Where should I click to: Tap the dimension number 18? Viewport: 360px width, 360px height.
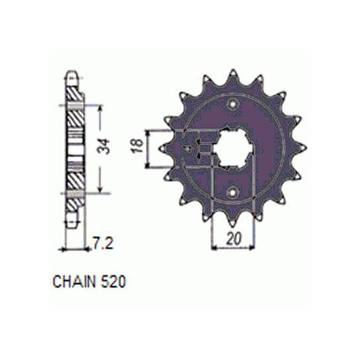tap(137, 145)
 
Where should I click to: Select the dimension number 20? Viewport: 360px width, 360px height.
tap(234, 238)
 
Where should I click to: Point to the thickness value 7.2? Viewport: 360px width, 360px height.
tap(103, 243)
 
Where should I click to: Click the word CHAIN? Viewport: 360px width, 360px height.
tap(74, 281)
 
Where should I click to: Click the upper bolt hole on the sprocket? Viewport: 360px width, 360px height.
tap(233, 104)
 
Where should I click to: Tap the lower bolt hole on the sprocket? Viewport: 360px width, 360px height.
tap(232, 192)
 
